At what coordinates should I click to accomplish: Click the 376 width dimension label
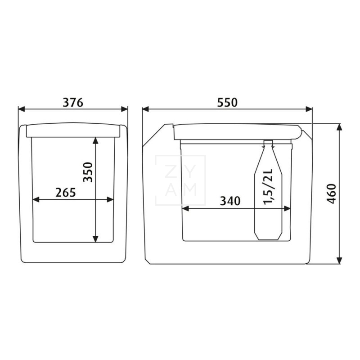[73, 103]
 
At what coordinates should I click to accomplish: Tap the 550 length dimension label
[227, 103]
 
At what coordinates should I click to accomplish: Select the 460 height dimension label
[331, 193]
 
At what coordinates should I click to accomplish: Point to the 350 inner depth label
[88, 172]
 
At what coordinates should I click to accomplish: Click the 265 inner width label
[65, 193]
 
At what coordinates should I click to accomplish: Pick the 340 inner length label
[230, 201]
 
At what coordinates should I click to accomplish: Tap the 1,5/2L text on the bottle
[268, 187]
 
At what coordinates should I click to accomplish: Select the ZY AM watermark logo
[180, 180]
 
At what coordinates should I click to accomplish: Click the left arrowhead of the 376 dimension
[21, 109]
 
